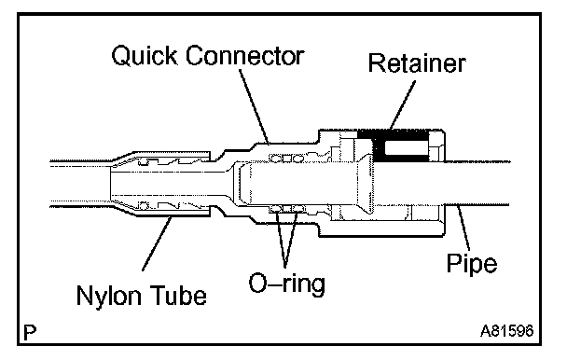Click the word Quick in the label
point(145,56)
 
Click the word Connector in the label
point(245,56)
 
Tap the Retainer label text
point(417,63)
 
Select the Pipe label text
point(472,264)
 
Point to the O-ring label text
point(286,284)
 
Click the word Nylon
point(108,297)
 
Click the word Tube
point(178,295)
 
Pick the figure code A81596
point(506,331)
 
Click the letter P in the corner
point(30,333)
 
